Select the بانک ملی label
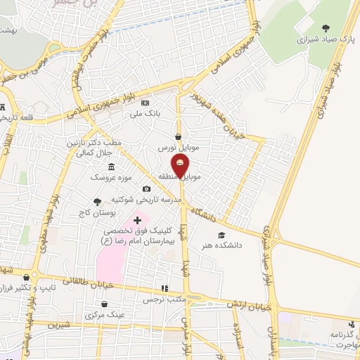click(167, 112)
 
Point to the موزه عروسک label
click(106, 177)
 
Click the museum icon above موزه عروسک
click(112, 167)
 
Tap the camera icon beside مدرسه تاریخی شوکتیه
click(146, 188)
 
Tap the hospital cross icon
click(137, 221)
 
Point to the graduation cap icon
click(222, 235)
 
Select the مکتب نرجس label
click(164, 299)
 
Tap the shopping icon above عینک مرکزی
click(105, 305)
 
